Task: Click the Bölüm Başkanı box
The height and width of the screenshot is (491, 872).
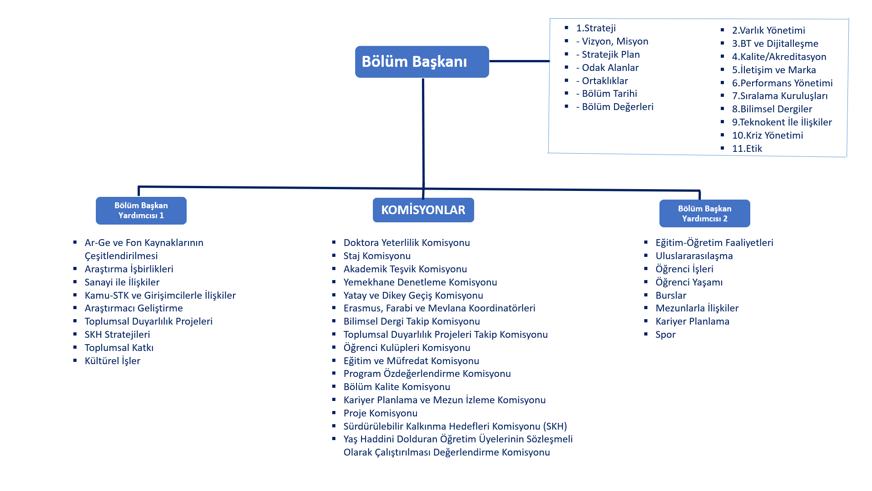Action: point(422,62)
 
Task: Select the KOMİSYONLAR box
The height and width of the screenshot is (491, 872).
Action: point(423,210)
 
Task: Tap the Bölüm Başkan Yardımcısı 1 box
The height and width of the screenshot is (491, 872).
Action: point(141,210)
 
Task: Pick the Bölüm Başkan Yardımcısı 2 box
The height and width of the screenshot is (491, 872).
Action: point(704,213)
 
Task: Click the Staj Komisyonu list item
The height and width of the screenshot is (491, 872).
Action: point(377,256)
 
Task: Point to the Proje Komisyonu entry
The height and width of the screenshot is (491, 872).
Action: point(380,413)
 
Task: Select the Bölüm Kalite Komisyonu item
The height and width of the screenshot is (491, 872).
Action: point(396,387)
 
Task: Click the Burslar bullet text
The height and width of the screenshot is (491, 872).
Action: point(671,296)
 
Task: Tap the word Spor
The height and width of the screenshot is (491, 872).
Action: point(665,335)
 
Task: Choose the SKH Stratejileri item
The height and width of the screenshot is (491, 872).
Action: point(117,335)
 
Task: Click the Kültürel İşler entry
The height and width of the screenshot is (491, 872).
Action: point(112,361)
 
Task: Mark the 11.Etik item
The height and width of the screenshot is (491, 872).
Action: point(747,149)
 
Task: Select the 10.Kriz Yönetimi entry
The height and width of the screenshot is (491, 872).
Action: point(767,135)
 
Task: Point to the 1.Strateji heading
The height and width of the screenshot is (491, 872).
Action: point(596,28)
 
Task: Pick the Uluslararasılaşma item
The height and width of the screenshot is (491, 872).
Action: point(694,256)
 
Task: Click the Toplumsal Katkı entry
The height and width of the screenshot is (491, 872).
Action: point(119,348)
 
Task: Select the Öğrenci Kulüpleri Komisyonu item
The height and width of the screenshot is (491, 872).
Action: point(406,348)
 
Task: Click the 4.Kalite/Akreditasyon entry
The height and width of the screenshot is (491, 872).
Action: point(779,57)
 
